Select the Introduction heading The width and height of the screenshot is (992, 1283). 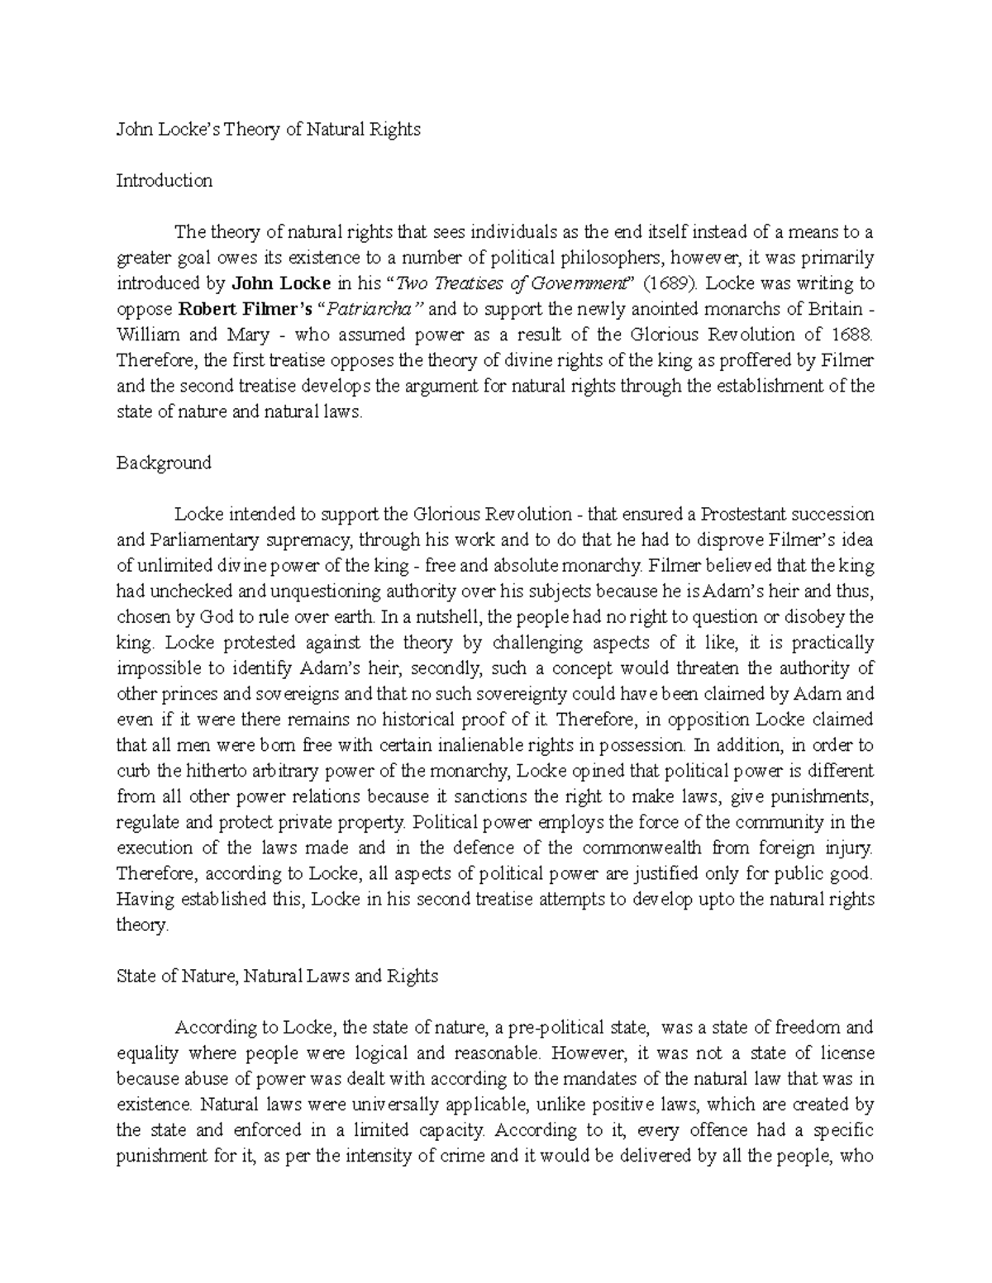pyautogui.click(x=165, y=181)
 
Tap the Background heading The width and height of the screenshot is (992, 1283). pyautogui.click(x=164, y=463)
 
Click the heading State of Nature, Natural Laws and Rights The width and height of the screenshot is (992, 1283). pyautogui.click(x=277, y=976)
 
